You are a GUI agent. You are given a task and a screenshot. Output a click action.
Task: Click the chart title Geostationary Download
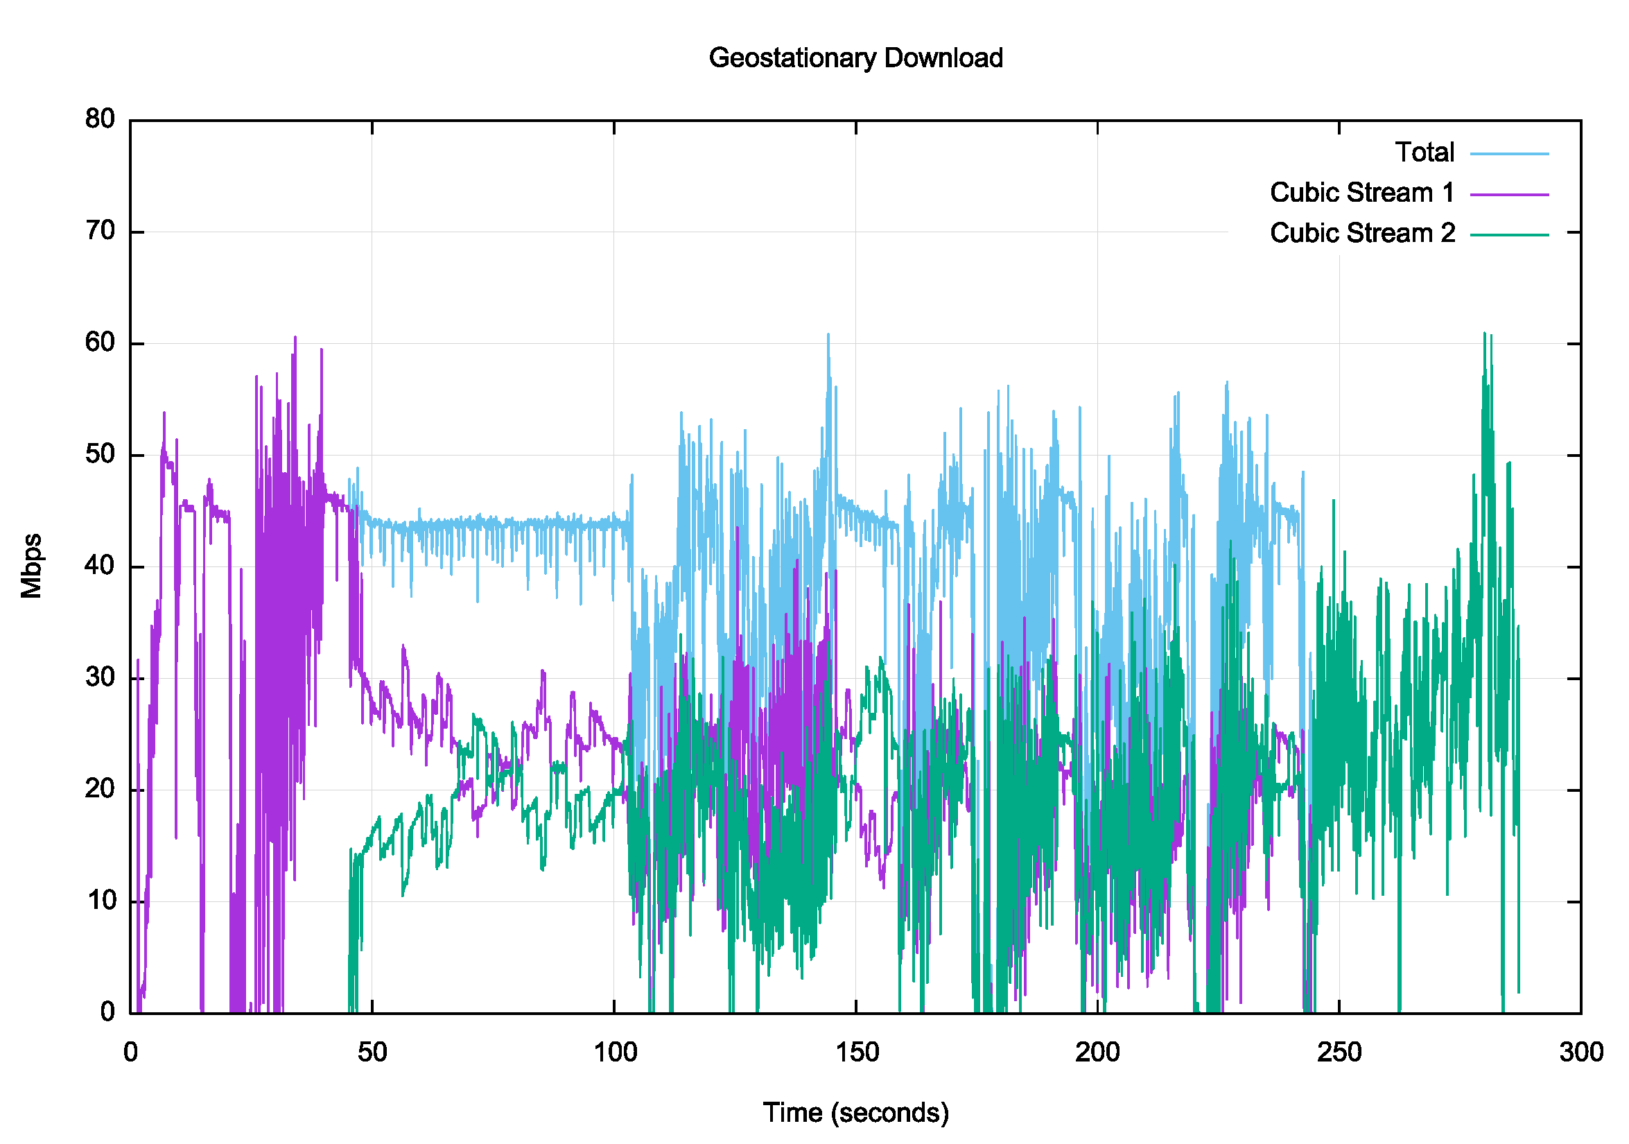click(855, 58)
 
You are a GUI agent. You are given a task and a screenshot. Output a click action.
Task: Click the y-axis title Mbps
click(31, 566)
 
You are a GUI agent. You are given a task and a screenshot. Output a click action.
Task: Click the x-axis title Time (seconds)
click(855, 1112)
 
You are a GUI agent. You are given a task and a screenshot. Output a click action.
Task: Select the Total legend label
click(1424, 153)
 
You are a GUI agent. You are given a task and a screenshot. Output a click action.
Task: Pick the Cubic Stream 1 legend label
click(1361, 192)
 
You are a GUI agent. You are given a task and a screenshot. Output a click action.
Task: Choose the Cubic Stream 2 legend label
click(1361, 233)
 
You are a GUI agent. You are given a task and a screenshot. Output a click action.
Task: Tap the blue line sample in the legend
click(1509, 153)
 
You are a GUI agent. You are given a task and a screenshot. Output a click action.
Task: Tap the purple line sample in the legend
click(1509, 193)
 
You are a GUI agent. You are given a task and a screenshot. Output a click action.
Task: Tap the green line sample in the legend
click(1509, 234)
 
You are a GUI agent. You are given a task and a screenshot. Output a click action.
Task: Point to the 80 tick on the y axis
click(100, 119)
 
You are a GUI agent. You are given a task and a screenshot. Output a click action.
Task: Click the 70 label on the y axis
click(100, 231)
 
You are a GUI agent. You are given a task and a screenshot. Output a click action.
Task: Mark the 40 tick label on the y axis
click(100, 566)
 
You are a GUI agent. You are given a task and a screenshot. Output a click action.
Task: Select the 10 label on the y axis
click(100, 901)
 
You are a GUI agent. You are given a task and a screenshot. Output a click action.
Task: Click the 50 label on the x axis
click(372, 1052)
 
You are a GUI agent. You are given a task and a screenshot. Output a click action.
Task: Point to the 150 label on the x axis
click(855, 1052)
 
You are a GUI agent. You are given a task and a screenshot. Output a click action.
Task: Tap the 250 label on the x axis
click(1339, 1052)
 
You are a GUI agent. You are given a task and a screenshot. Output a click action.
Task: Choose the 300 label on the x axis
click(1580, 1052)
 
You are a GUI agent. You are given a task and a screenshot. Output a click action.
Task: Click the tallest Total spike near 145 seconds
click(828, 335)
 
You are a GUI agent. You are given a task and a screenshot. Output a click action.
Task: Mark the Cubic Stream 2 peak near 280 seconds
click(1484, 333)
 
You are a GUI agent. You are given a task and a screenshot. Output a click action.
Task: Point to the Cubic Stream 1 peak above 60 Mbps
click(295, 338)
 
